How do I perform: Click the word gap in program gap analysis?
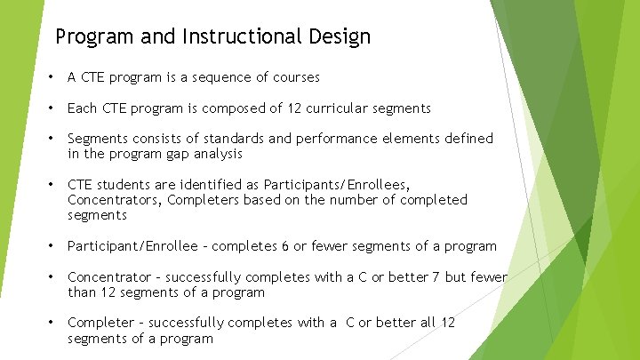(x=178, y=154)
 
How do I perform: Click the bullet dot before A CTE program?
(x=52, y=77)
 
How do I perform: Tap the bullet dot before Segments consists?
(x=52, y=139)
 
